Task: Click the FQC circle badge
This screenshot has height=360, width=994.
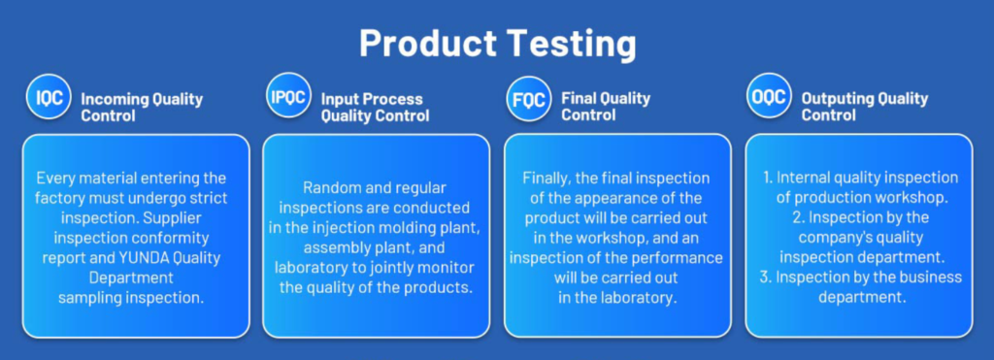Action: [x=529, y=98]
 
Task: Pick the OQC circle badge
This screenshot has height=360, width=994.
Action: [x=769, y=96]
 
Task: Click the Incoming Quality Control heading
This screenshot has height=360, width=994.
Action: [x=142, y=107]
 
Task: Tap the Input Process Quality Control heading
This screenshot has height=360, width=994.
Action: [x=375, y=107]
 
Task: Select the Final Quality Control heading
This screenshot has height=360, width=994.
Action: [x=606, y=107]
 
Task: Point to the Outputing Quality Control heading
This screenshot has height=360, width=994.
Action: [x=865, y=107]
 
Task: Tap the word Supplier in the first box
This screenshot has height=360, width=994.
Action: [x=183, y=218]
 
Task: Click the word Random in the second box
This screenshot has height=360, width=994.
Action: [x=329, y=187]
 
